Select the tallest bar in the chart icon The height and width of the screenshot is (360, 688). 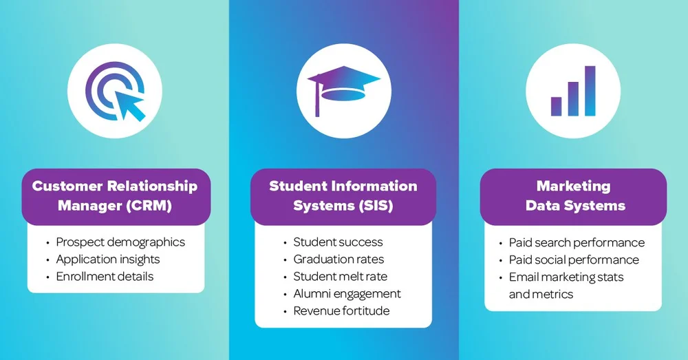(590, 91)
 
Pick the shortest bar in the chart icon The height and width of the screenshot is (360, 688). (556, 106)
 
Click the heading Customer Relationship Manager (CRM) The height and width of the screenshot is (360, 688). (115, 195)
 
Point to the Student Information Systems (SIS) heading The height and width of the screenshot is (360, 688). (343, 195)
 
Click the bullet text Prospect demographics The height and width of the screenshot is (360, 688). (120, 242)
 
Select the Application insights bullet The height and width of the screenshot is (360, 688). (108, 260)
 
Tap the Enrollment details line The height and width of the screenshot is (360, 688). (105, 277)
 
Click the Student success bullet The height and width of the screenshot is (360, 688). (338, 242)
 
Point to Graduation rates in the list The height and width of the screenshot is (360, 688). (338, 260)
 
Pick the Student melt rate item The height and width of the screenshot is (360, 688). (340, 277)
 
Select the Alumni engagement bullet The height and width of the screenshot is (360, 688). (347, 294)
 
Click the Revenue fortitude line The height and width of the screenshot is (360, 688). (341, 311)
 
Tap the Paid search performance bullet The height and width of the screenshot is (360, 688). (577, 242)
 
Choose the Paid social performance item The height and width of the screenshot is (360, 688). (574, 260)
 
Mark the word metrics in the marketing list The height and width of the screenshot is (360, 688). (552, 294)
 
